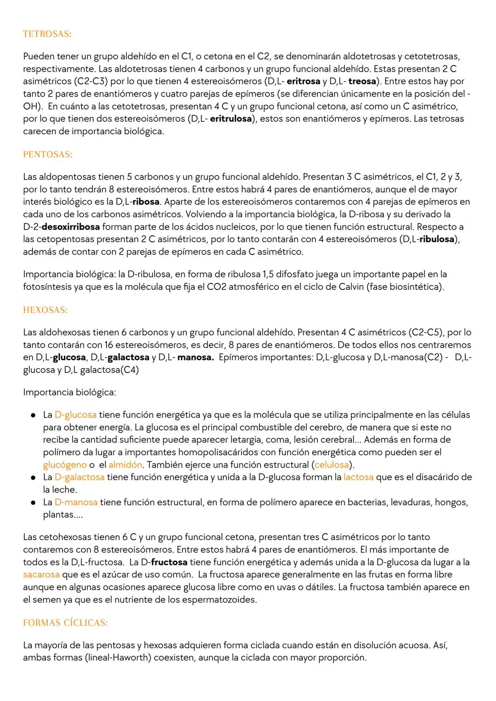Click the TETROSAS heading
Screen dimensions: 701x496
click(47, 34)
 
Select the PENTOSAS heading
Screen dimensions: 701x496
click(47, 154)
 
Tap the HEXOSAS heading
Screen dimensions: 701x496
click(45, 310)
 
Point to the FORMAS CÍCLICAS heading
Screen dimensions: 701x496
click(65, 623)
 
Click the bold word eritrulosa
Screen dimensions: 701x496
click(231, 119)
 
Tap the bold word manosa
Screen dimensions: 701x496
click(196, 357)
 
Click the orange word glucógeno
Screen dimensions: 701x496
click(65, 465)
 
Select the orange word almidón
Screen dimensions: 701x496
click(125, 465)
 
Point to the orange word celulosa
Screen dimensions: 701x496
click(331, 465)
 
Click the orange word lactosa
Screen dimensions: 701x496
click(358, 477)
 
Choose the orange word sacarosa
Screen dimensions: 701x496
click(41, 575)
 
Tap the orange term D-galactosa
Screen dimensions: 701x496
click(79, 477)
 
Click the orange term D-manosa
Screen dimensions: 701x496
click(76, 503)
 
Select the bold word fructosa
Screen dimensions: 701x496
click(169, 562)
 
